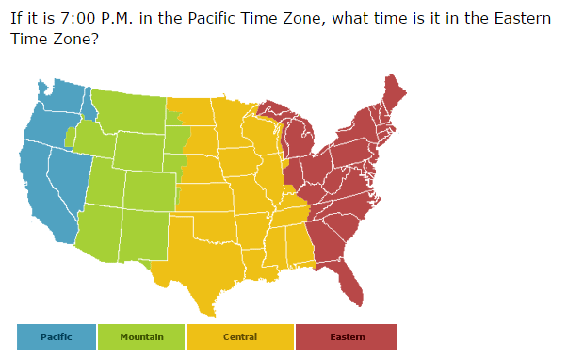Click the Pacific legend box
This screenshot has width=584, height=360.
click(56, 336)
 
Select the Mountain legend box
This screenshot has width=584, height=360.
click(141, 336)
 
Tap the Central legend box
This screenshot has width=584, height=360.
click(240, 336)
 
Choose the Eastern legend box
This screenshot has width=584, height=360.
click(347, 336)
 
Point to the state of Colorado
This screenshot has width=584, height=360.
click(149, 189)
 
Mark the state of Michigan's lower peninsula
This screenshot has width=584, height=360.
click(301, 141)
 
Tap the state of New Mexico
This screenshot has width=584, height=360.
click(141, 236)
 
